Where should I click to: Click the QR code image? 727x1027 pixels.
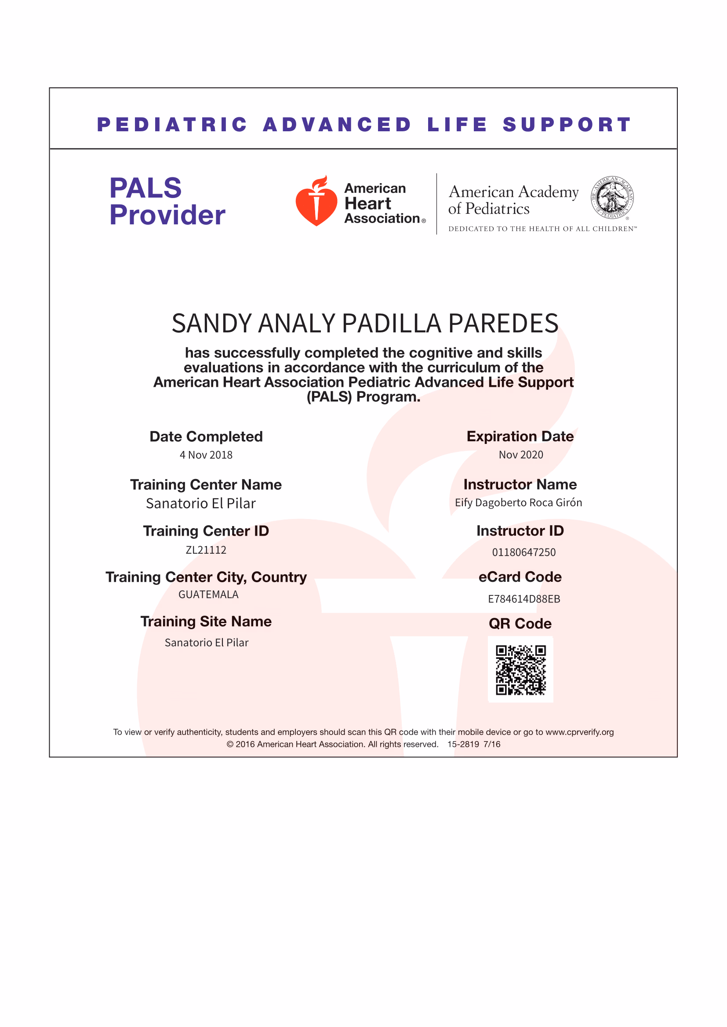pos(520,670)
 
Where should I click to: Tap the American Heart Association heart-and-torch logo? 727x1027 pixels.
pos(316,201)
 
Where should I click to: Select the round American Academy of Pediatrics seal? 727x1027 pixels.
pos(612,197)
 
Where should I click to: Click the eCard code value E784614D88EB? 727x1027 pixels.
pos(524,599)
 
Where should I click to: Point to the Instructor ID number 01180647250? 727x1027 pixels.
pos(524,552)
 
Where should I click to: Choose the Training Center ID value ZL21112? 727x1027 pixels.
pos(206,550)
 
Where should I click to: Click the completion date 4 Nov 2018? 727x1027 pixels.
pos(206,455)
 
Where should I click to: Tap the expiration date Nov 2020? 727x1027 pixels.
pos(520,455)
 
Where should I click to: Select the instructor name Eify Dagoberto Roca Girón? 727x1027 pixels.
pos(518,503)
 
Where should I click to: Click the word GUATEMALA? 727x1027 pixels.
pos(208,595)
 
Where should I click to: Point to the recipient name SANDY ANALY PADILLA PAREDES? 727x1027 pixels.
pos(365,324)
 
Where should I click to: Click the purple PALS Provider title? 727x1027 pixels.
pos(167,201)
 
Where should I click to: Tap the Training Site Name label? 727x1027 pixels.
pos(206,622)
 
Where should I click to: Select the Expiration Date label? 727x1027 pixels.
pos(520,436)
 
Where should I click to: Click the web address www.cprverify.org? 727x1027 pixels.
pos(579,732)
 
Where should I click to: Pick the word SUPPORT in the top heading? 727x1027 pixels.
pos(566,125)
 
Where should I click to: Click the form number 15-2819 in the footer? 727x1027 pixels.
pos(463,744)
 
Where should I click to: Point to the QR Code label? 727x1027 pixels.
pos(520,623)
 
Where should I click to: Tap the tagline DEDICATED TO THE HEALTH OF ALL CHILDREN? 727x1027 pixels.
pos(542,229)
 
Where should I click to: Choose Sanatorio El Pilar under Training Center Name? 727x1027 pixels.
pos(200,504)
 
